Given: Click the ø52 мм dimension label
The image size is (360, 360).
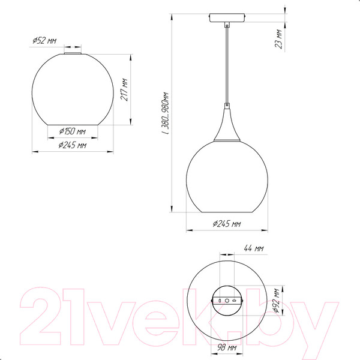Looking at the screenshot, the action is [x=44, y=41].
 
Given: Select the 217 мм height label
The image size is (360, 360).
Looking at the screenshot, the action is [x=124, y=89].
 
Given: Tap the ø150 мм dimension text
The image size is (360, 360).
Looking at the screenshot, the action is [x=73, y=131].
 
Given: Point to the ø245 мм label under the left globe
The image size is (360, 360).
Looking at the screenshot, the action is [x=73, y=145].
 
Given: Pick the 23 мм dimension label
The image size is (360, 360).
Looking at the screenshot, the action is [x=278, y=39].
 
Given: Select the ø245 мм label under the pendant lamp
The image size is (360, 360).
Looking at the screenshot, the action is [x=227, y=223].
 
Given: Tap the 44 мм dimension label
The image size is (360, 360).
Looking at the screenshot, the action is [x=254, y=248].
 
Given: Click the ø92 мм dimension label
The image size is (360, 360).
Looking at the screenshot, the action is [x=277, y=301].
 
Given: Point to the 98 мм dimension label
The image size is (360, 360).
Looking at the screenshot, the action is [x=227, y=348].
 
